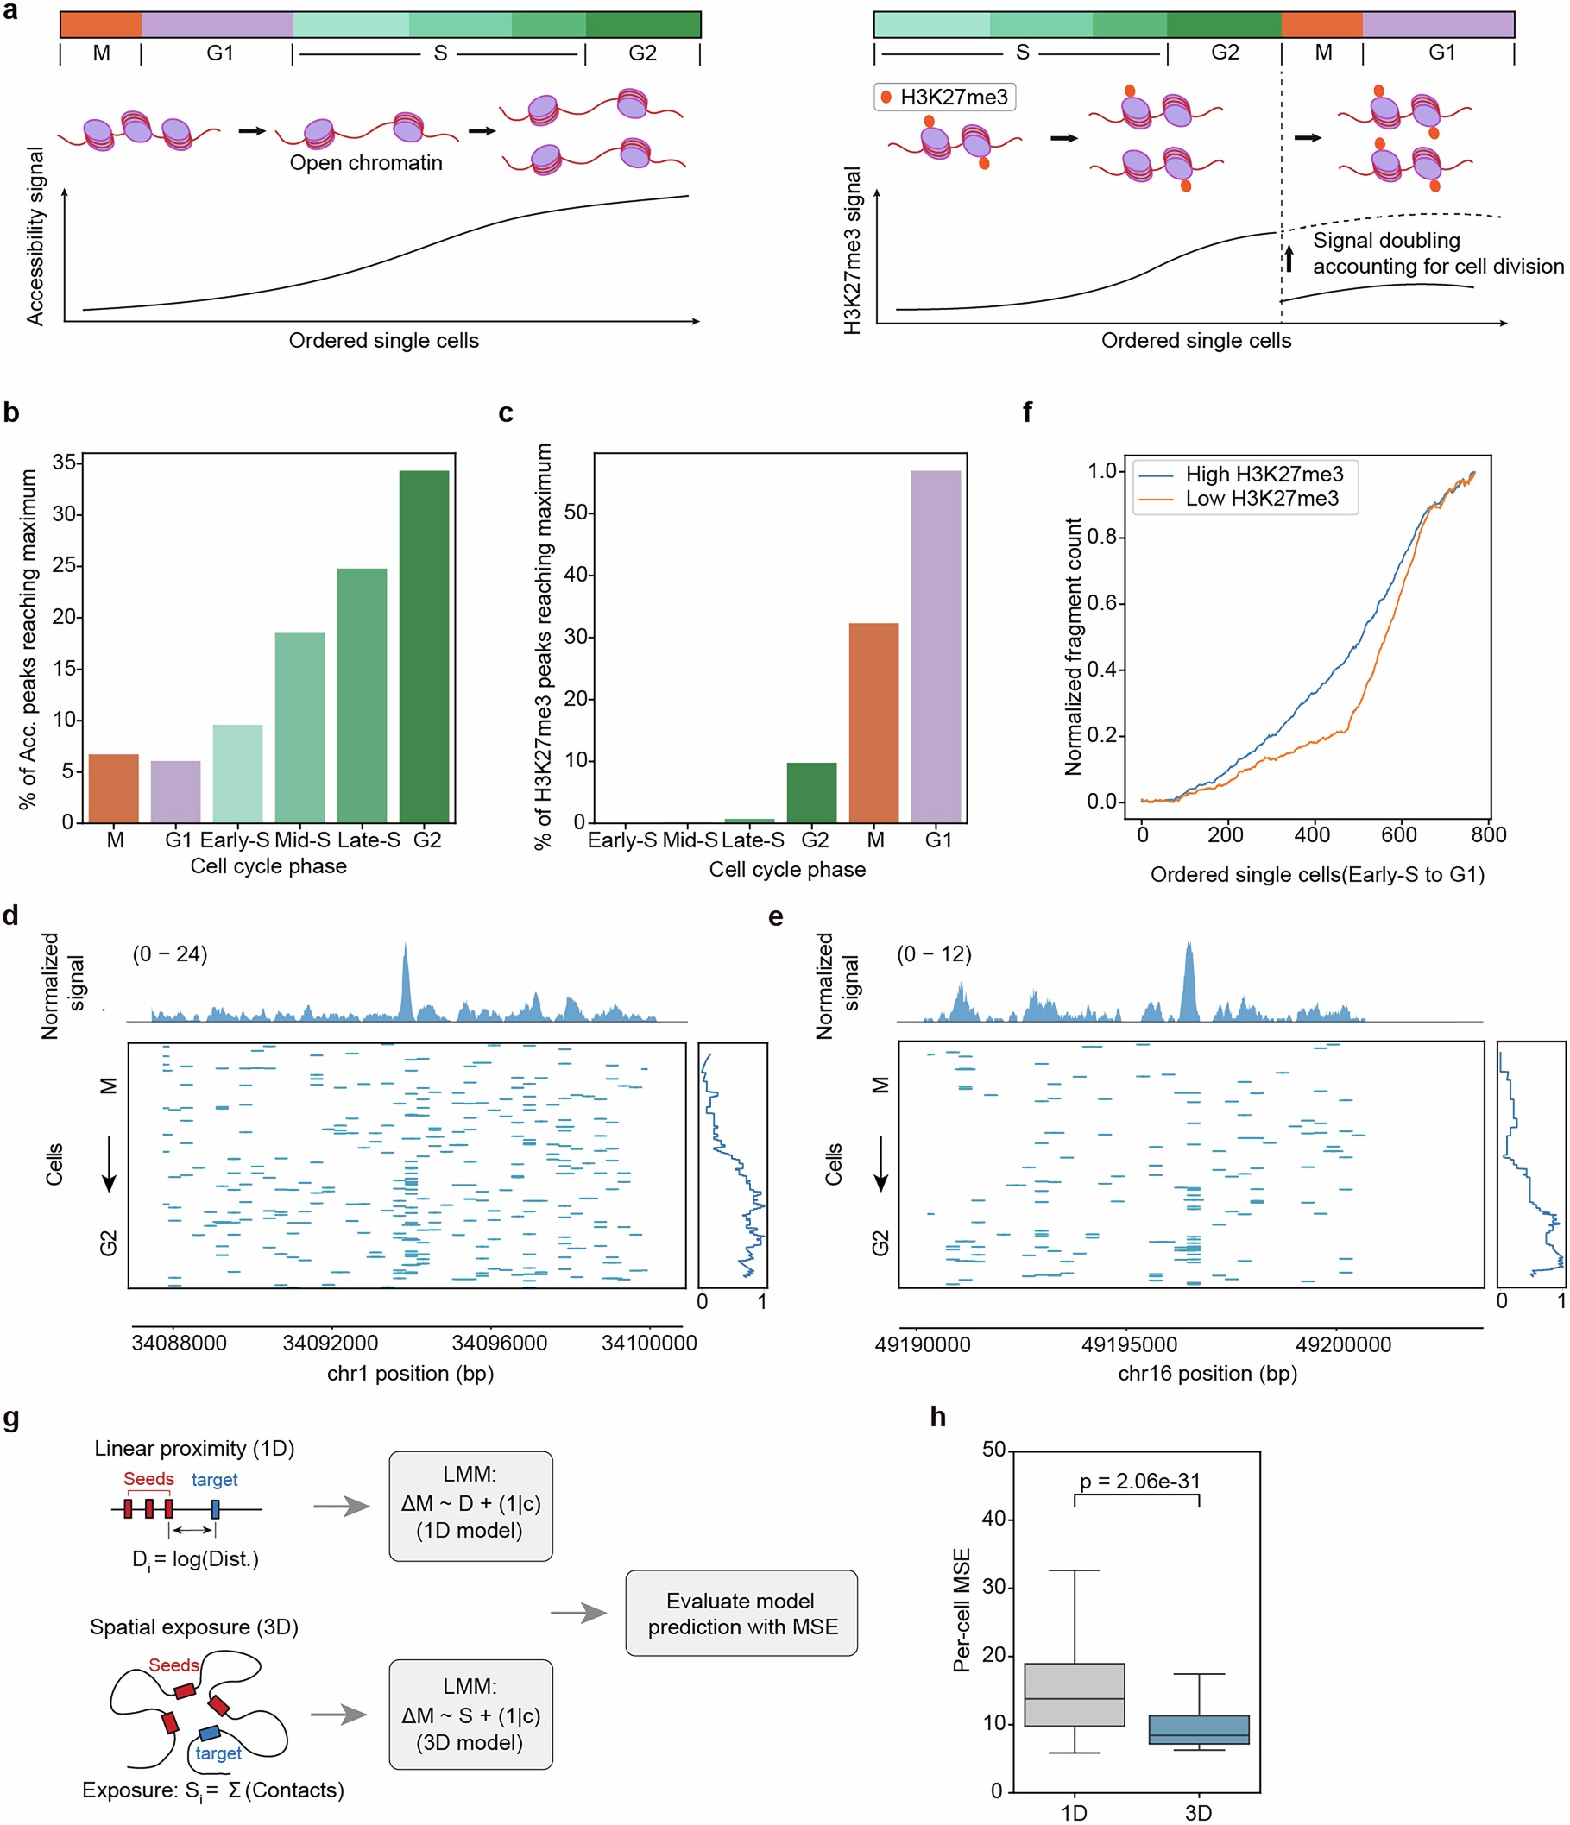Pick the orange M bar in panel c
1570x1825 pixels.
(x=873, y=722)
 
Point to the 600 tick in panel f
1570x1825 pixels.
(x=1398, y=834)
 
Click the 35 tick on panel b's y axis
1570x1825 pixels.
(x=63, y=463)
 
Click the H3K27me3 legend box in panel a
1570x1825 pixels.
(x=943, y=97)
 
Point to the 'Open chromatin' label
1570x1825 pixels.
(x=366, y=163)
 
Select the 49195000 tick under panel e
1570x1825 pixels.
(x=1129, y=1344)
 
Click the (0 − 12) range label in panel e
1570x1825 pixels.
(x=933, y=953)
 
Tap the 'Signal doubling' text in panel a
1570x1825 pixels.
(x=1385, y=241)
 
